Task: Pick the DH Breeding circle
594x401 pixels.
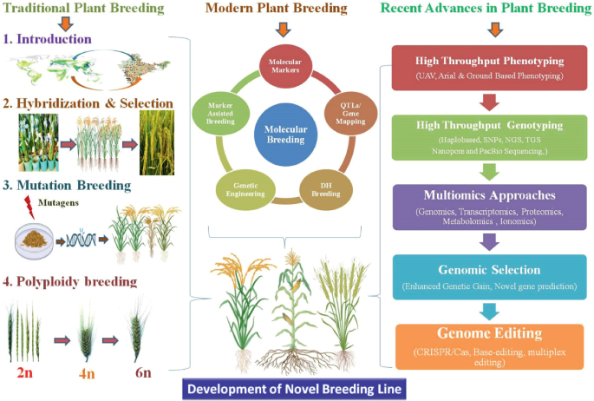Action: point(321,187)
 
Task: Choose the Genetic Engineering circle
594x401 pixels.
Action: point(240,187)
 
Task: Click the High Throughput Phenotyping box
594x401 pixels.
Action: point(492,68)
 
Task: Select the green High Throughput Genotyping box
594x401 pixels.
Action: point(492,136)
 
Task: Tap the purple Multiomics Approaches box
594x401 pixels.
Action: point(492,204)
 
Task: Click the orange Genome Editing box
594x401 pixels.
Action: point(492,344)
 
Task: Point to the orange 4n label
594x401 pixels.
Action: point(88,372)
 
